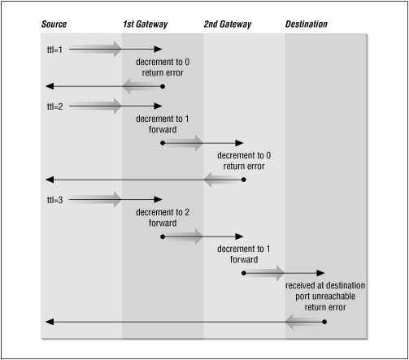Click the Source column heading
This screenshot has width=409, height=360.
54,24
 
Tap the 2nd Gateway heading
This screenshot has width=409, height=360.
227,24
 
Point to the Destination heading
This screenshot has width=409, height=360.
307,24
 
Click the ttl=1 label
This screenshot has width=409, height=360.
54,50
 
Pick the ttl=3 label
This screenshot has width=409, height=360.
54,199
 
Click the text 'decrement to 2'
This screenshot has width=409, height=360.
162,213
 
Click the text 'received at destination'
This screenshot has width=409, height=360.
324,287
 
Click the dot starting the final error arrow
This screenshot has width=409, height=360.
325,323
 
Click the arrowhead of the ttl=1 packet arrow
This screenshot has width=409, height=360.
159,50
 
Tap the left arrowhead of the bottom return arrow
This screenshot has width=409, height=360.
48,323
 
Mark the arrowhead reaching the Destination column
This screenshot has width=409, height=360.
321,272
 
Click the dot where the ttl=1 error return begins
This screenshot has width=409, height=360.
163,85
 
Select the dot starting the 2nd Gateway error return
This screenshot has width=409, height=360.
244,179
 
